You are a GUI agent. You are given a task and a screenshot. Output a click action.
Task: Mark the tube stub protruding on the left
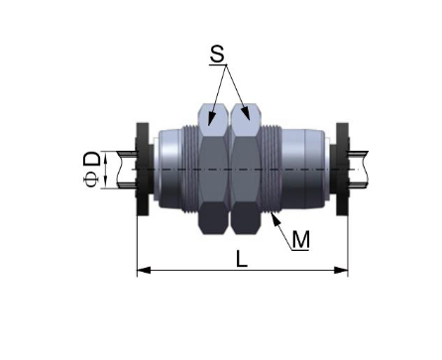tap(124, 170)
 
